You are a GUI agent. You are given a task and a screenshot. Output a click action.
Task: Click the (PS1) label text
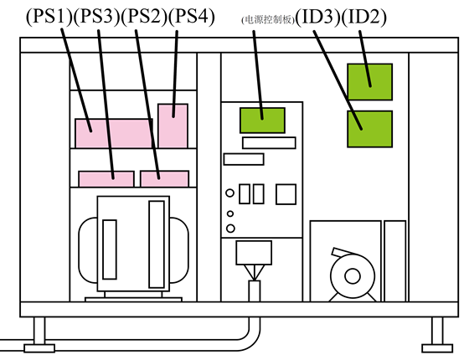49,17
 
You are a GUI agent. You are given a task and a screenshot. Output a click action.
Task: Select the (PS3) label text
97,17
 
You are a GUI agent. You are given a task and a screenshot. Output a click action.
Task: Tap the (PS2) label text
144,17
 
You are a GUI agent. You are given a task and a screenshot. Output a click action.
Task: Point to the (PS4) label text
192,17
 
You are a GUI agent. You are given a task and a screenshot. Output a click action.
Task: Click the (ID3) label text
318,17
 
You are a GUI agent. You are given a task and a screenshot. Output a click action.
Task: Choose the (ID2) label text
364,17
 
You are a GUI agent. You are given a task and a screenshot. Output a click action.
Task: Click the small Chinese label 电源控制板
268,20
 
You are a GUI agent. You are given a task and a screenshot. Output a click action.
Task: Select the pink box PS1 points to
114,133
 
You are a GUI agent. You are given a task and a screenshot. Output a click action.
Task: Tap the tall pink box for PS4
173,126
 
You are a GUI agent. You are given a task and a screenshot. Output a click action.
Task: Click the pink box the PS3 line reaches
106,179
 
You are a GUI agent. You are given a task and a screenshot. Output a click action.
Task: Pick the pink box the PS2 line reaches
164,178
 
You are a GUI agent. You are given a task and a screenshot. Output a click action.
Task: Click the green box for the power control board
262,121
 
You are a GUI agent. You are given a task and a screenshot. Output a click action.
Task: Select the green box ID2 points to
370,82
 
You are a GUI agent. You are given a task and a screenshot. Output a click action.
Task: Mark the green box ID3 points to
370,129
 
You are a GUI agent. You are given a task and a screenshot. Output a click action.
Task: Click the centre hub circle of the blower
353,276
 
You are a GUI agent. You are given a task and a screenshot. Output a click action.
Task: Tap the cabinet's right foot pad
437,348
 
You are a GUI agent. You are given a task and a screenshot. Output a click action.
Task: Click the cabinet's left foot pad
39,348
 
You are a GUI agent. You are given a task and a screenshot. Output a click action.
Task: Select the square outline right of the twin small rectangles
286,194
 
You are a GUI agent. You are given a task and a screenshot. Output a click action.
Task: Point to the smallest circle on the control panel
230,213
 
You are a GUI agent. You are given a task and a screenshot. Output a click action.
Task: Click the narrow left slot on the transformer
110,249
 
